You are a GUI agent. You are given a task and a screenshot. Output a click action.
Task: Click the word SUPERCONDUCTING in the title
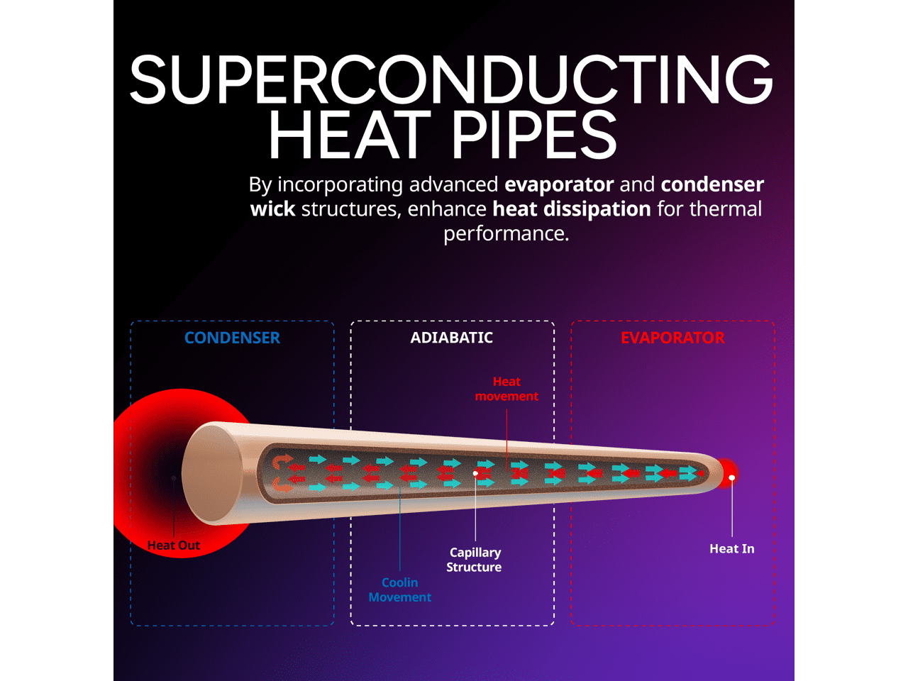click(x=451, y=79)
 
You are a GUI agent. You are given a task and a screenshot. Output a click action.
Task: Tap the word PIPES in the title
click(x=533, y=135)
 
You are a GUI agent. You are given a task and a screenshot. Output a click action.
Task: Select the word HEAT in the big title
click(x=350, y=135)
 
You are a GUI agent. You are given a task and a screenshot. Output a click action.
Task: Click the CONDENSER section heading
click(x=232, y=338)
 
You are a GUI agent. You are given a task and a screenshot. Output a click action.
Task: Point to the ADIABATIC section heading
click(x=451, y=338)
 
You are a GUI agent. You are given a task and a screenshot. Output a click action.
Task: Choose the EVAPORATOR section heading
click(x=672, y=338)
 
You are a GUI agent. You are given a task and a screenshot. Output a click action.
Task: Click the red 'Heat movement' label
click(x=506, y=389)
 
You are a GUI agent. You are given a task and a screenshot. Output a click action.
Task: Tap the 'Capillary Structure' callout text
click(x=474, y=560)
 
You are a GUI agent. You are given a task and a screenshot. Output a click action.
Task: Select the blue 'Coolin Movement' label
click(x=399, y=589)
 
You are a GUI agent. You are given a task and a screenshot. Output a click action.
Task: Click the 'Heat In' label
click(x=731, y=548)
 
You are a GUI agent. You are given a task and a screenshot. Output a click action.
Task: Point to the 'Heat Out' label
click(x=174, y=546)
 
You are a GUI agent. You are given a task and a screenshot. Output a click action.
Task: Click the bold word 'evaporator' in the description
click(x=559, y=184)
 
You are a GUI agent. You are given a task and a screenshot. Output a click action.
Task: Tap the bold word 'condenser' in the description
click(x=712, y=184)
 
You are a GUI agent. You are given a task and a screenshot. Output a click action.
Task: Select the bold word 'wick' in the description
click(x=273, y=209)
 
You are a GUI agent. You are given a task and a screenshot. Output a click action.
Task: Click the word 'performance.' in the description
click(x=506, y=233)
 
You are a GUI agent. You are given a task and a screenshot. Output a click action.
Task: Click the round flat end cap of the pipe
click(x=211, y=474)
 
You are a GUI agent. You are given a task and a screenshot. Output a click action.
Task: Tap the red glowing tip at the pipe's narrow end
click(x=726, y=474)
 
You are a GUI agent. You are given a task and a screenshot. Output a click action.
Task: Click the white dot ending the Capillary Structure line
click(x=475, y=473)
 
